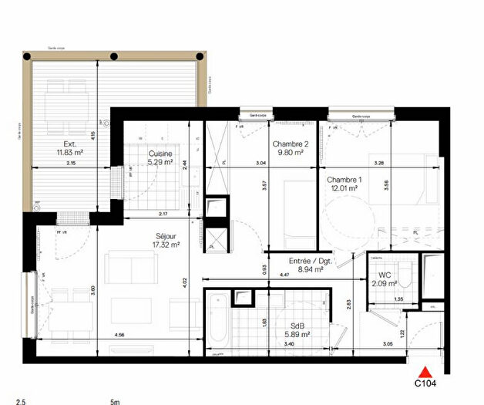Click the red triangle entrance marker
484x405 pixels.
(422, 369)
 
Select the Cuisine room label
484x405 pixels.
(161, 153)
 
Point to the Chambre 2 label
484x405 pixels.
(289, 143)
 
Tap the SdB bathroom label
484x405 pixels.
(297, 325)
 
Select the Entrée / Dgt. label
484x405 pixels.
(307, 261)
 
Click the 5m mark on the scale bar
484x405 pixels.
(115, 401)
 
